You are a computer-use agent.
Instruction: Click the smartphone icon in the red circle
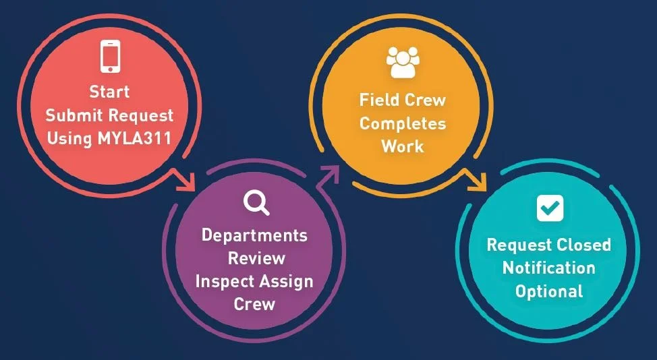pyautogui.click(x=109, y=57)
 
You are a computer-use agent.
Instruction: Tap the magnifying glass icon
pyautogui.click(x=256, y=202)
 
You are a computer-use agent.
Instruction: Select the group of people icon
pyautogui.click(x=403, y=62)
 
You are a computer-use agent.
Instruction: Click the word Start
pyautogui.click(x=109, y=91)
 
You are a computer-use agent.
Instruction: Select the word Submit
pyautogui.click(x=73, y=115)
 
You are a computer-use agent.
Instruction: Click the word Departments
pyautogui.click(x=254, y=235)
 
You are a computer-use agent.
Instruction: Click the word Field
pyautogui.click(x=378, y=100)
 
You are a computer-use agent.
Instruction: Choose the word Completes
pyautogui.click(x=403, y=123)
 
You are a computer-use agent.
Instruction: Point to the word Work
pyautogui.click(x=403, y=146)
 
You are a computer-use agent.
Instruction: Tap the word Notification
pyautogui.click(x=548, y=268)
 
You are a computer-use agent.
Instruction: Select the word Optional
pyautogui.click(x=548, y=291)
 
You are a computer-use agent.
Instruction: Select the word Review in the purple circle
pyautogui.click(x=256, y=258)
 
